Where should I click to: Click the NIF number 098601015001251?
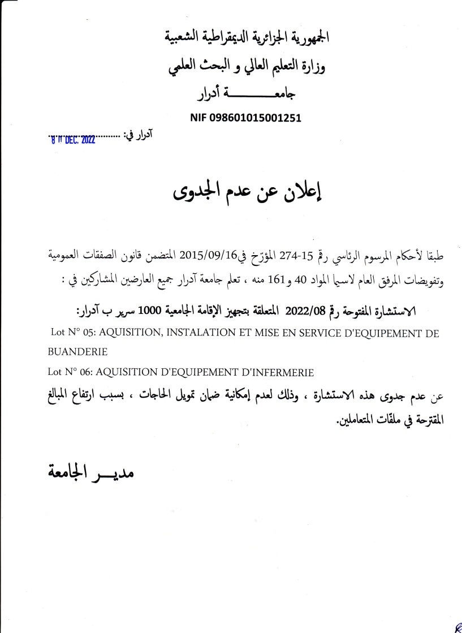point(245,118)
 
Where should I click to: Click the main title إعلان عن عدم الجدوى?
point(246,193)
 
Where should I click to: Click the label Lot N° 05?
point(67,333)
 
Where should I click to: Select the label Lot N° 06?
point(67,372)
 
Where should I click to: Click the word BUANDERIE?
point(78,352)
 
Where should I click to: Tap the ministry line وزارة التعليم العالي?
point(247,67)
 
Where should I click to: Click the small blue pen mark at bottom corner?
point(457,626)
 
